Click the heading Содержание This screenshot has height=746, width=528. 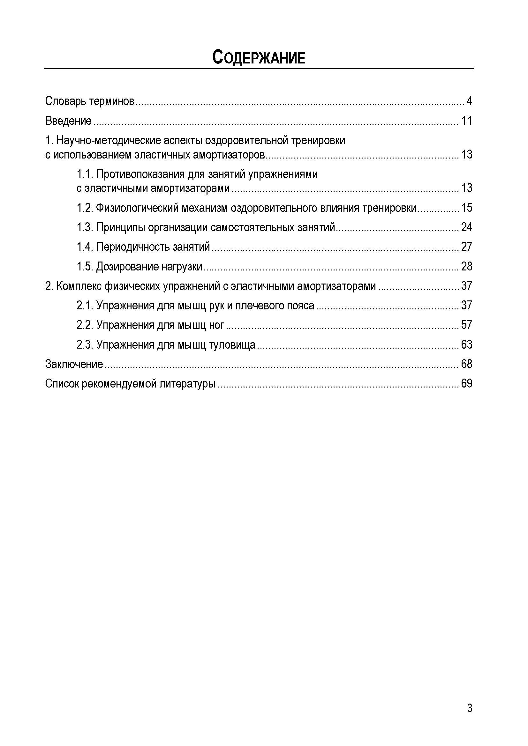pyautogui.click(x=259, y=57)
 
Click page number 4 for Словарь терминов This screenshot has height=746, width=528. pyautogui.click(x=469, y=101)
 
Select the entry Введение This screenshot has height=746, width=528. pyautogui.click(x=68, y=121)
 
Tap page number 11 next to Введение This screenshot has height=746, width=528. pyautogui.click(x=467, y=121)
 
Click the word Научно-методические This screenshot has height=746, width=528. pyautogui.click(x=109, y=141)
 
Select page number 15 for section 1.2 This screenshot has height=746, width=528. pyautogui.click(x=467, y=208)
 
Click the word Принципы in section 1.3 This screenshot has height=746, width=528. pyautogui.click(x=120, y=227)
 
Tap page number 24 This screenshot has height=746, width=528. pyautogui.click(x=467, y=227)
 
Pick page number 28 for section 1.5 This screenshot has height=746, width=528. pyautogui.click(x=467, y=267)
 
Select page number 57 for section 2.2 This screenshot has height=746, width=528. pyautogui.click(x=467, y=325)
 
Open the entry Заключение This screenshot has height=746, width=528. pyautogui.click(x=74, y=364)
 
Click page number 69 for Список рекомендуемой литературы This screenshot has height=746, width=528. pyautogui.click(x=467, y=384)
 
